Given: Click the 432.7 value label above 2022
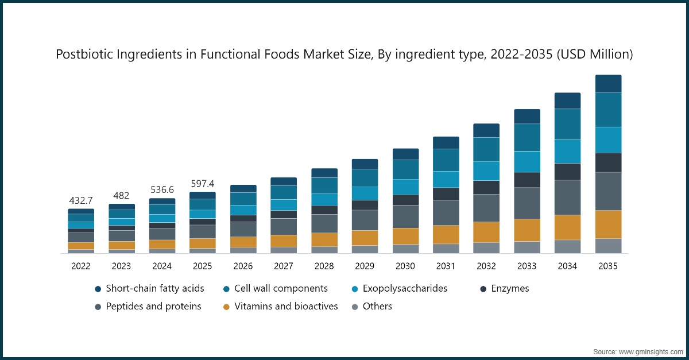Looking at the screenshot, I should (x=81, y=200).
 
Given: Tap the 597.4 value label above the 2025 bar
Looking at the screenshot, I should (x=203, y=184).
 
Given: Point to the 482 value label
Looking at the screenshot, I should (x=121, y=195).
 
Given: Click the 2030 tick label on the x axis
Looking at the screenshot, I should (x=405, y=266).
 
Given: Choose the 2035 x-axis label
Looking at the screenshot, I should (x=608, y=266).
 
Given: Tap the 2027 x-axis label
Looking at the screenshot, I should (x=284, y=266).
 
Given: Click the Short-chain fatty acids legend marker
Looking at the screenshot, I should (x=98, y=289).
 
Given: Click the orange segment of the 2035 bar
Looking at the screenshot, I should (x=608, y=224).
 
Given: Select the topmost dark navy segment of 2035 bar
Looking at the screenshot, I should (x=608, y=84).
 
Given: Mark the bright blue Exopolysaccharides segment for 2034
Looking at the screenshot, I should (x=567, y=152).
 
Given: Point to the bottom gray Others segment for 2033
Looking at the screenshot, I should (x=527, y=247).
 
